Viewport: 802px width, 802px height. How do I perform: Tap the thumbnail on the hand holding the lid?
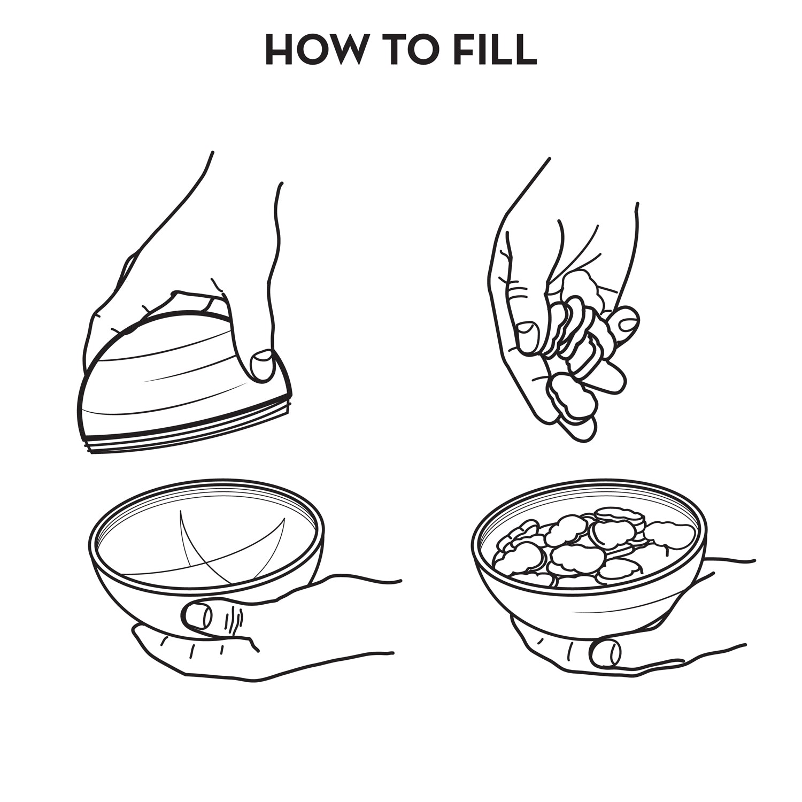click(262, 365)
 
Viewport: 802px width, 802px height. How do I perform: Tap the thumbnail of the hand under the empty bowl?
click(197, 615)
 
